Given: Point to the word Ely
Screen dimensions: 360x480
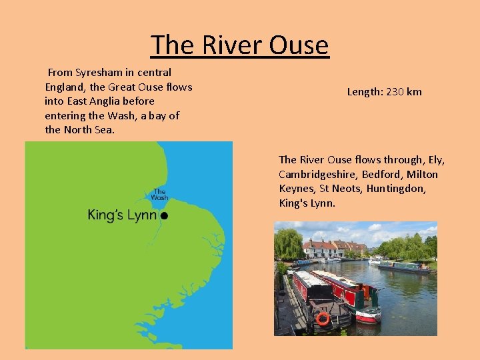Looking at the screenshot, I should click(x=436, y=160).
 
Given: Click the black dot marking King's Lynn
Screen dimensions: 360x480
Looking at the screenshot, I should click(x=164, y=215).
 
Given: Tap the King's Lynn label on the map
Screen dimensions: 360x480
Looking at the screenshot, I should click(x=122, y=215).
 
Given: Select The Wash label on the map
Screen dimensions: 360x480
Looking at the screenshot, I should click(x=159, y=194).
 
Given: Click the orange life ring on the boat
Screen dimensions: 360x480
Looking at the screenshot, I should click(x=323, y=319).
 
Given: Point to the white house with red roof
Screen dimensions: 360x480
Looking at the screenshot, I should click(x=319, y=250).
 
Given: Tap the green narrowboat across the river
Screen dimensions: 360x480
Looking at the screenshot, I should click(x=405, y=267).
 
